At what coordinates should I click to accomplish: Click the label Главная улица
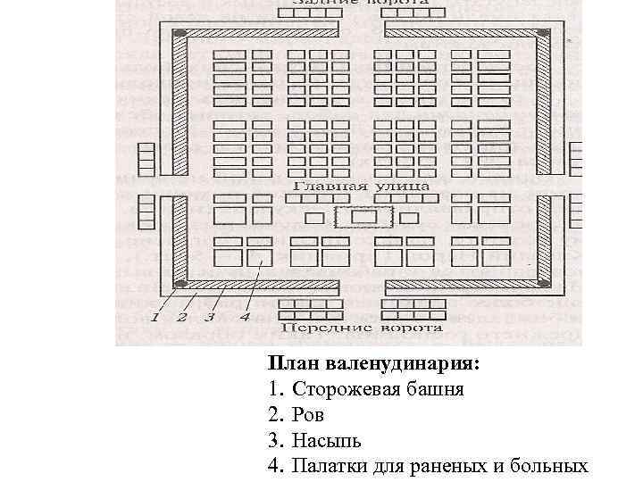(x=362, y=187)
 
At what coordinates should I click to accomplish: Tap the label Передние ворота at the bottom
(x=363, y=328)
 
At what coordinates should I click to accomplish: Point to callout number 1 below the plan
(x=155, y=316)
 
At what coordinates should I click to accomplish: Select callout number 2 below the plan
(x=181, y=316)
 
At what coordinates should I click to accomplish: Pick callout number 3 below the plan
(x=209, y=316)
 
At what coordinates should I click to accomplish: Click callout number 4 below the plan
(x=244, y=316)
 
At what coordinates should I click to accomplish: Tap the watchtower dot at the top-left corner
(x=180, y=34)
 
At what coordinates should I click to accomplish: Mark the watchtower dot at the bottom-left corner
(x=180, y=285)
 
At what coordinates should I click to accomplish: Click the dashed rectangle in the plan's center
(x=363, y=217)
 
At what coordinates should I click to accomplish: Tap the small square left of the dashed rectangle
(x=313, y=218)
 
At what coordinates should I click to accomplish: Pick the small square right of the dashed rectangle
(x=410, y=218)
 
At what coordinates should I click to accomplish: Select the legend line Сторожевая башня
(x=378, y=390)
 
